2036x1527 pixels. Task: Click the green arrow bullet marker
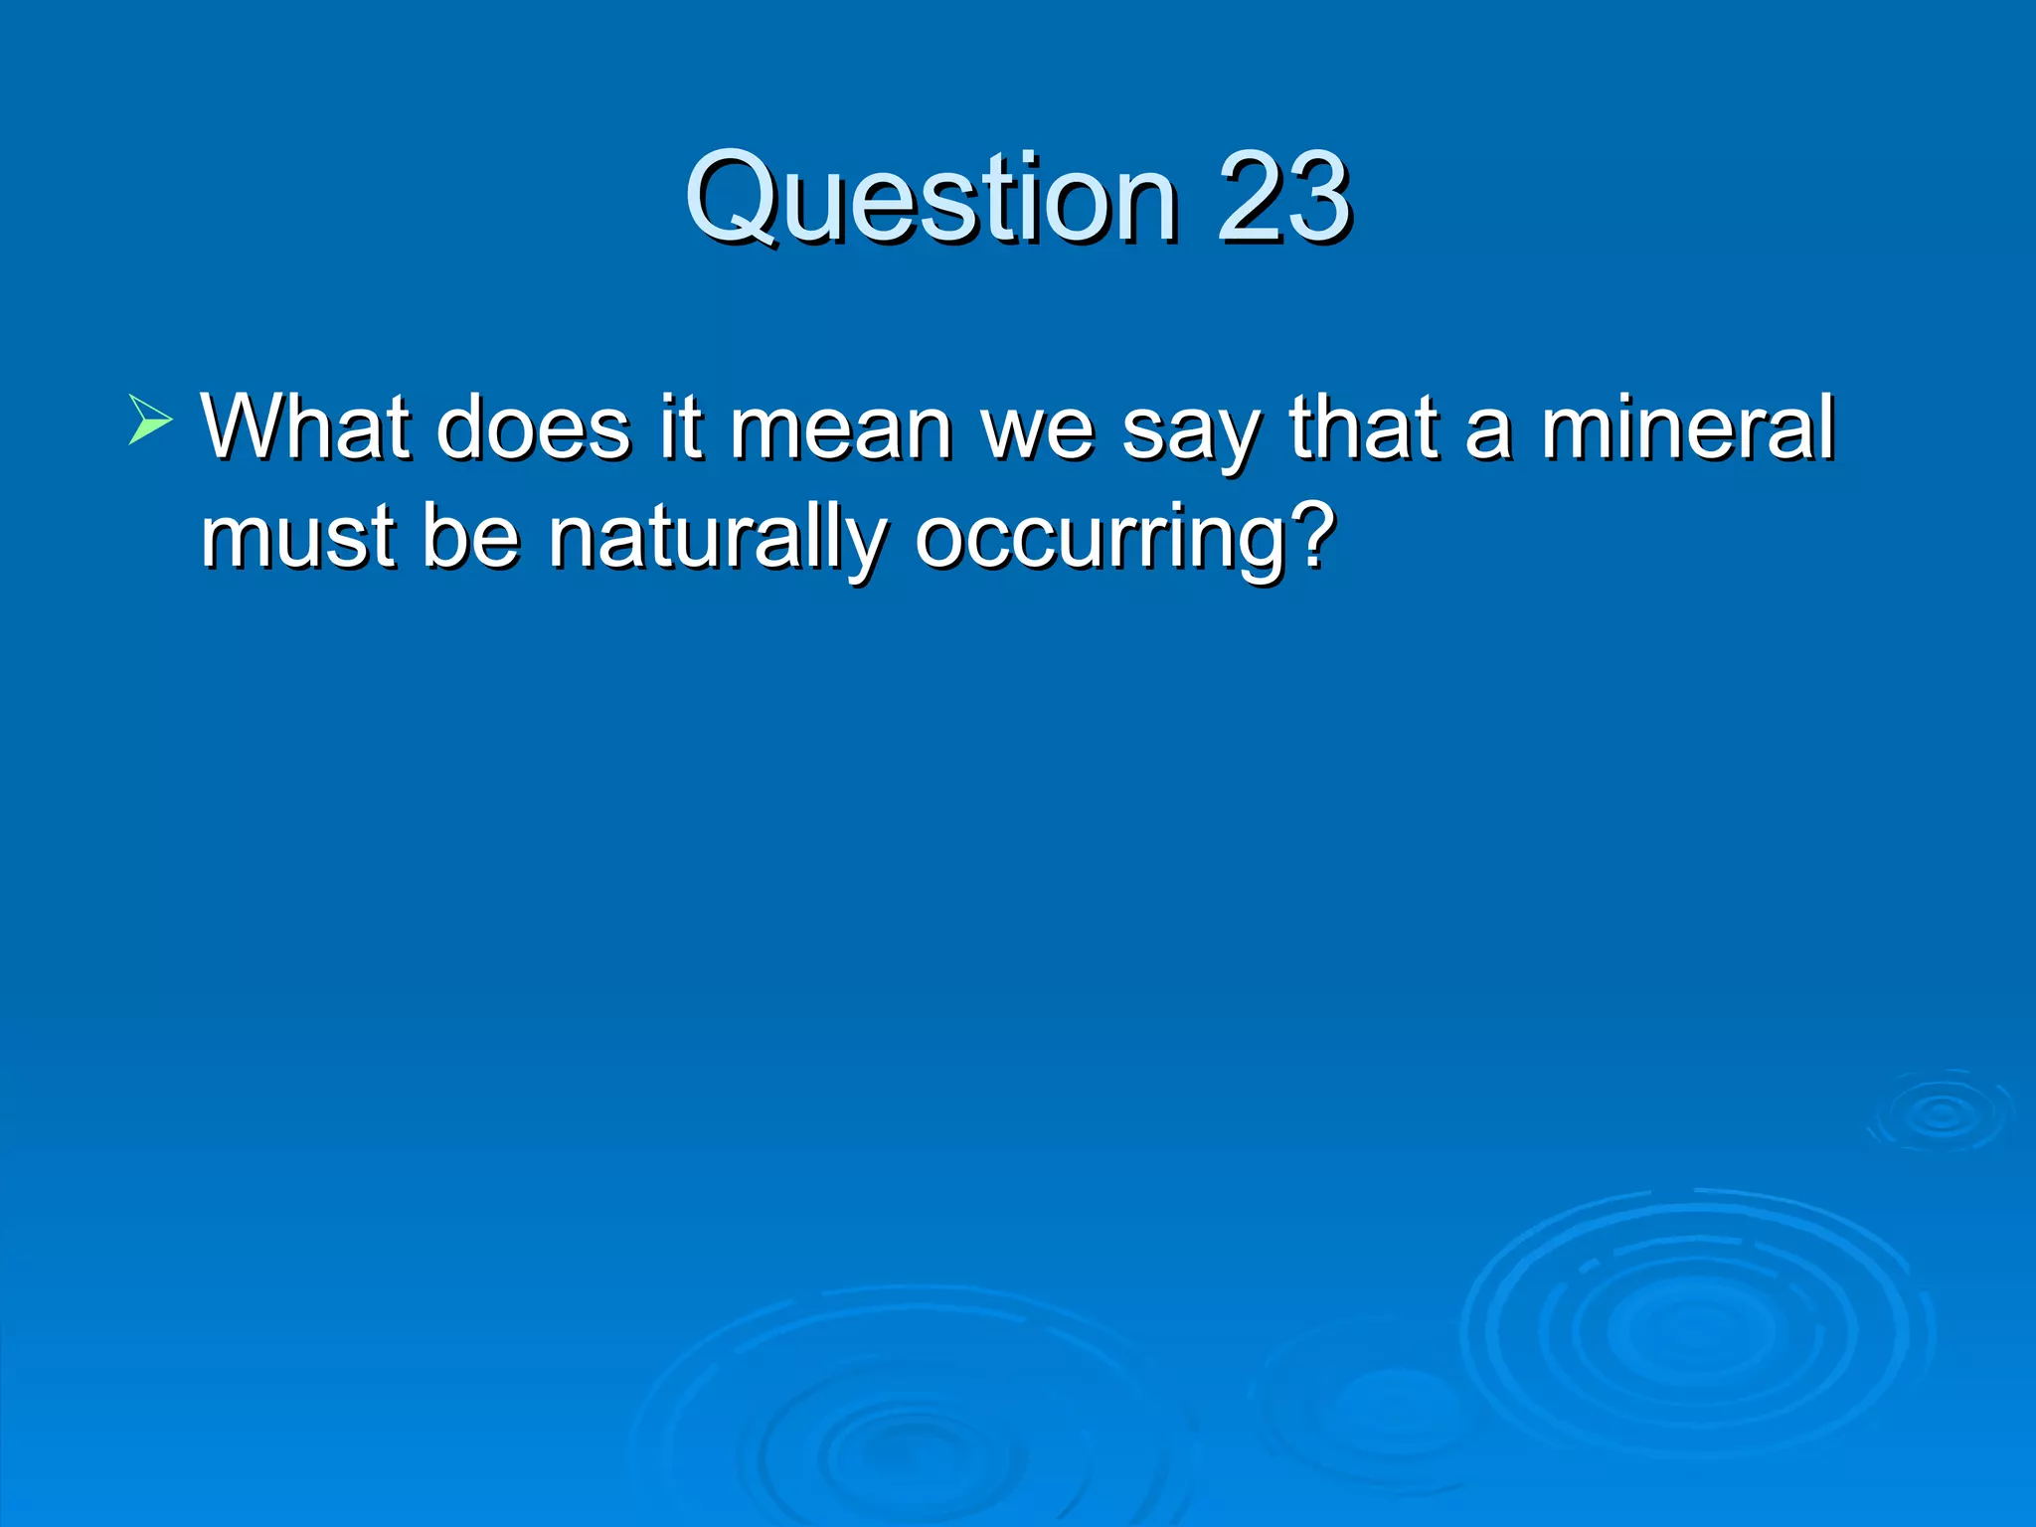(x=150, y=419)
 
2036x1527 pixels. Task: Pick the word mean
(x=841, y=429)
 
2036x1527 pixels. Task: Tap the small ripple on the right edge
(x=1941, y=1113)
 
